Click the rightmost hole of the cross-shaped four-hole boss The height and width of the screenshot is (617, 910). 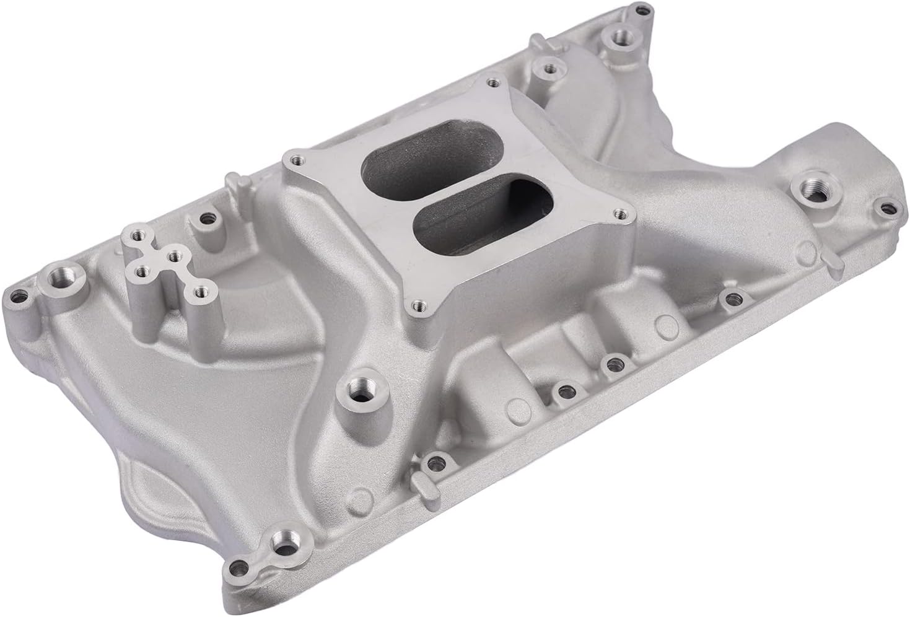[x=201, y=291]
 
